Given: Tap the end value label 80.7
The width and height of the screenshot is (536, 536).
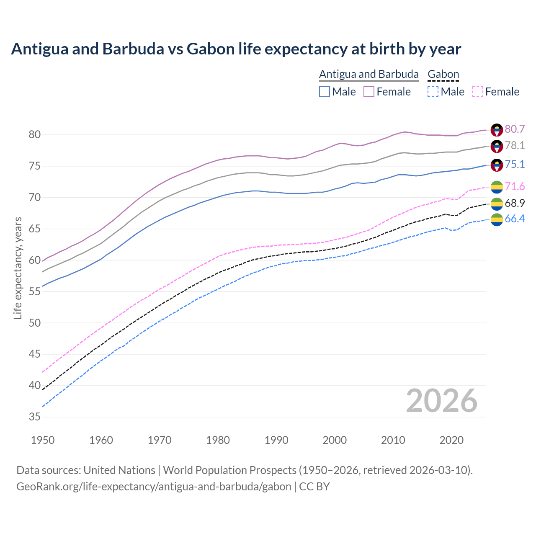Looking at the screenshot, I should [515, 129].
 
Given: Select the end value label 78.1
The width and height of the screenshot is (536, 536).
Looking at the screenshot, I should [515, 146].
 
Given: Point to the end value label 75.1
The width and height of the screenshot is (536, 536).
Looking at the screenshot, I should [515, 165].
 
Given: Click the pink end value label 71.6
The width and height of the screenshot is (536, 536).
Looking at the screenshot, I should [515, 187].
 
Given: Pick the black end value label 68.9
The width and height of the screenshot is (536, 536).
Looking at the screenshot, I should [515, 204].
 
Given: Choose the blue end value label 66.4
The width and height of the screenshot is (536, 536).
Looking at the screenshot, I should [515, 219].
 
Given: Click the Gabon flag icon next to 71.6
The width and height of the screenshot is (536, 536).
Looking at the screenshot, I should [497, 187].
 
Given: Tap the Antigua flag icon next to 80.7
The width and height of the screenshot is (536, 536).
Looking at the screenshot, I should [497, 130].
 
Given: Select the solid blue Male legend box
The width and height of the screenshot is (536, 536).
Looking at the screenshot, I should [325, 92].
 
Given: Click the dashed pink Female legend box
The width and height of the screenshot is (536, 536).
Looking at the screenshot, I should [478, 92].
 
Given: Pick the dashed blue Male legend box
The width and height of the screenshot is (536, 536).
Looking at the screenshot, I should [433, 92].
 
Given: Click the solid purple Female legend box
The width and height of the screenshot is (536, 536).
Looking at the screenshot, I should [369, 92].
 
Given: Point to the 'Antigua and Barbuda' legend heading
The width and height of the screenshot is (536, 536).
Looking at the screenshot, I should [368, 74].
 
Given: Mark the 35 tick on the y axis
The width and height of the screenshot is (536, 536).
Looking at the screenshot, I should [35, 417].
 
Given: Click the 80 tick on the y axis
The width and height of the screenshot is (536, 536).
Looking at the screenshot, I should [35, 135].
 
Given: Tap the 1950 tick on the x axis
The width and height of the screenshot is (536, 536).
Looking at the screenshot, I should [43, 440].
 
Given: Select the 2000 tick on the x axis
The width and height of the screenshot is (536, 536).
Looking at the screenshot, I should [335, 440].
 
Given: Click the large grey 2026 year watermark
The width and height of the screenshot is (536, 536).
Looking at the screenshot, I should [441, 401].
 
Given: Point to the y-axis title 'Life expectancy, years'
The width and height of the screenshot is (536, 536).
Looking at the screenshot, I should [18, 268].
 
